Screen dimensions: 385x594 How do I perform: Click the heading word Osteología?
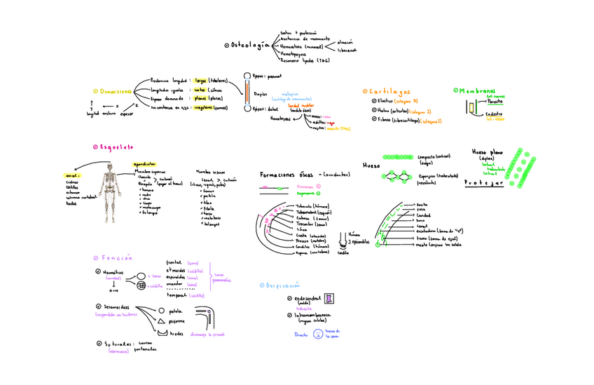[250, 45]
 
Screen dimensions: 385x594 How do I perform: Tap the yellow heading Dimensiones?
[115, 91]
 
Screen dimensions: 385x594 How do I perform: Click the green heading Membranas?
[477, 90]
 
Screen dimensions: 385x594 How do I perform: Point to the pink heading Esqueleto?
[116, 147]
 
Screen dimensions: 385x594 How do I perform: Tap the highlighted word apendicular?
[145, 163]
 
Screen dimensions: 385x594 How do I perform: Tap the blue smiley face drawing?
[317, 334]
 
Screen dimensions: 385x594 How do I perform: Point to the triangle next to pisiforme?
[160, 321]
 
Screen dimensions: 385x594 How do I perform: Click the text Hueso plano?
[488, 151]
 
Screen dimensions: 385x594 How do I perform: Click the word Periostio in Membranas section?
[494, 101]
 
